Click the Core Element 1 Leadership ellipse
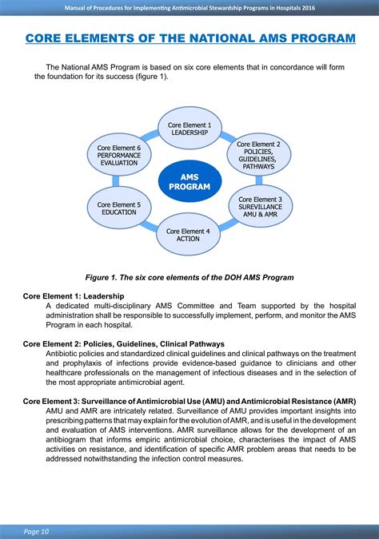click(x=189, y=129)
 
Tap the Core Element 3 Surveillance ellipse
click(x=260, y=207)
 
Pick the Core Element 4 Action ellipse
click(x=189, y=234)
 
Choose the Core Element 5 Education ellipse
click(x=119, y=208)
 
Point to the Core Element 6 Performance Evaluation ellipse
click(x=119, y=156)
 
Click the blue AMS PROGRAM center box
click(x=189, y=181)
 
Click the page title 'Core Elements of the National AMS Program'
click(x=189, y=38)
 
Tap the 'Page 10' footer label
click(x=36, y=529)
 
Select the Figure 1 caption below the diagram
click(x=189, y=277)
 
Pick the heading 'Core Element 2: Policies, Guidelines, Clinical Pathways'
click(x=124, y=344)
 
